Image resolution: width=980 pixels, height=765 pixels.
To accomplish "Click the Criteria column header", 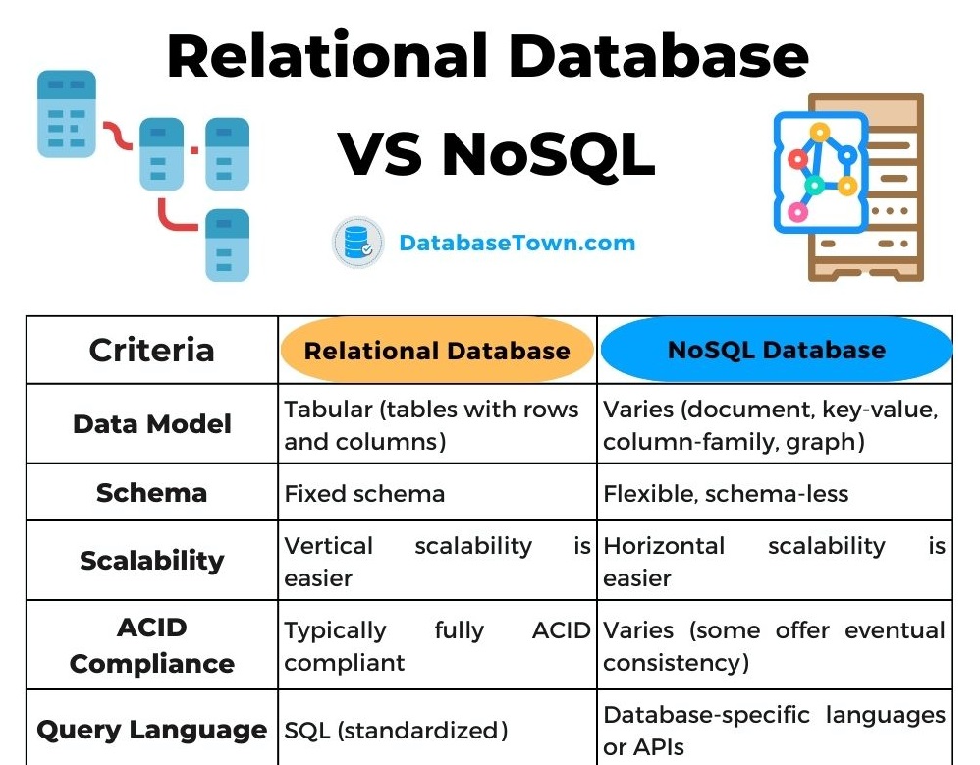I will [x=151, y=350].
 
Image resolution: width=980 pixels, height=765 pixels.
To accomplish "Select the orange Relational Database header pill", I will [x=437, y=351].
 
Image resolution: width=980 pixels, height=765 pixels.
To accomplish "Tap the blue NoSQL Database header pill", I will [x=776, y=350].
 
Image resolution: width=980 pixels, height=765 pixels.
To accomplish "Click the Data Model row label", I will [x=151, y=424].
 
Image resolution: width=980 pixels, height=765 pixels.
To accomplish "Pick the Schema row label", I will [x=151, y=492].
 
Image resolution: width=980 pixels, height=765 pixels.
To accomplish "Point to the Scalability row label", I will [x=151, y=560].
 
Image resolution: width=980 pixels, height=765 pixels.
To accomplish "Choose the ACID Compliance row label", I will [x=151, y=645].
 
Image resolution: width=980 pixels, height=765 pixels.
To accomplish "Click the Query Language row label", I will [x=151, y=730].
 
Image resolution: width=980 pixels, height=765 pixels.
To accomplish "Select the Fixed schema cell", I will [x=364, y=493].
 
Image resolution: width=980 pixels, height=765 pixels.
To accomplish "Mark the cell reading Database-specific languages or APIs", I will [x=774, y=731].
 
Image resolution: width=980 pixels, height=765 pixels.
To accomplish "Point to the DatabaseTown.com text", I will [x=517, y=243].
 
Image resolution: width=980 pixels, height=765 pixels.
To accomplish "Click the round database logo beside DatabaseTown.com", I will [x=356, y=244].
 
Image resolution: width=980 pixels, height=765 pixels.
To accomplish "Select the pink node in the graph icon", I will [x=798, y=211].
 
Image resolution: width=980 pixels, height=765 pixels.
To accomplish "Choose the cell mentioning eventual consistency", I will [x=774, y=645].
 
